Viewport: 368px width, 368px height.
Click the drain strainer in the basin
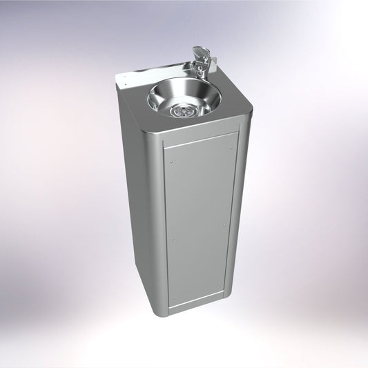[183, 108]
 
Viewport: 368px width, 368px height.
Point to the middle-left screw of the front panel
[172, 238]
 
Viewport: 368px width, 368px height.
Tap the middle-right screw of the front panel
[225, 222]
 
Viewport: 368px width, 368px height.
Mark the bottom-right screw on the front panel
[222, 283]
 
